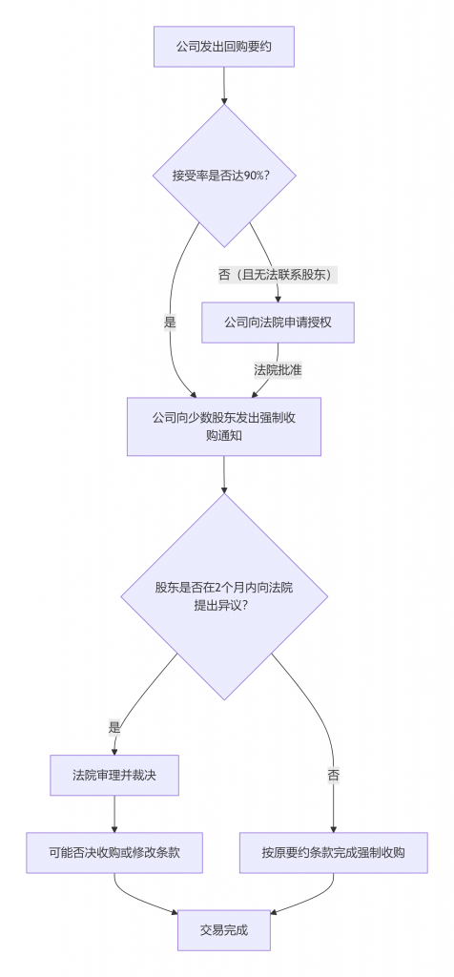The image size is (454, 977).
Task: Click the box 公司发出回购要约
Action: pyautogui.click(x=223, y=47)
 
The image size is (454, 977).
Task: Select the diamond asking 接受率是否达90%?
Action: pyautogui.click(x=223, y=176)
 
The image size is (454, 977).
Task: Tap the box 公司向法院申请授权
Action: pyautogui.click(x=278, y=322)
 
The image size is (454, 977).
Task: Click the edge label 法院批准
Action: pyautogui.click(x=278, y=369)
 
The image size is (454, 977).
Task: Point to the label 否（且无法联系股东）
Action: pyautogui.click(x=278, y=275)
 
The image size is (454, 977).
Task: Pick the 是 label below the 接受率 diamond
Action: pyautogui.click(x=170, y=322)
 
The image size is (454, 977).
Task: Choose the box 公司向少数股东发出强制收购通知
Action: pyautogui.click(x=223, y=426)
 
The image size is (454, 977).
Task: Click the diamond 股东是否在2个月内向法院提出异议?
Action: pyautogui.click(x=223, y=596)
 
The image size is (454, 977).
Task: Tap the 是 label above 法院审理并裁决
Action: pyautogui.click(x=114, y=727)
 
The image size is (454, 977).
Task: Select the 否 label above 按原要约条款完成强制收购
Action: pyautogui.click(x=333, y=775)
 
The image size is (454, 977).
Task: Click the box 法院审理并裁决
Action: pyautogui.click(x=114, y=775)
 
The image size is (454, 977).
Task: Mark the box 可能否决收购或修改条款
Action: pyautogui.click(x=114, y=852)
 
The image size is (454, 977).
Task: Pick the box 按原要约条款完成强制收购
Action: pyautogui.click(x=333, y=852)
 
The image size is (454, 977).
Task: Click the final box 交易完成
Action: pyautogui.click(x=223, y=930)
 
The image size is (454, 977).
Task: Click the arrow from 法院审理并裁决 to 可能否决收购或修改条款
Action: pyautogui.click(x=114, y=813)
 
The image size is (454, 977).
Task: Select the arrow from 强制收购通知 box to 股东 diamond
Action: pyautogui.click(x=223, y=474)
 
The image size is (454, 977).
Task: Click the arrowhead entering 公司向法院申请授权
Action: pyautogui.click(x=278, y=298)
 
